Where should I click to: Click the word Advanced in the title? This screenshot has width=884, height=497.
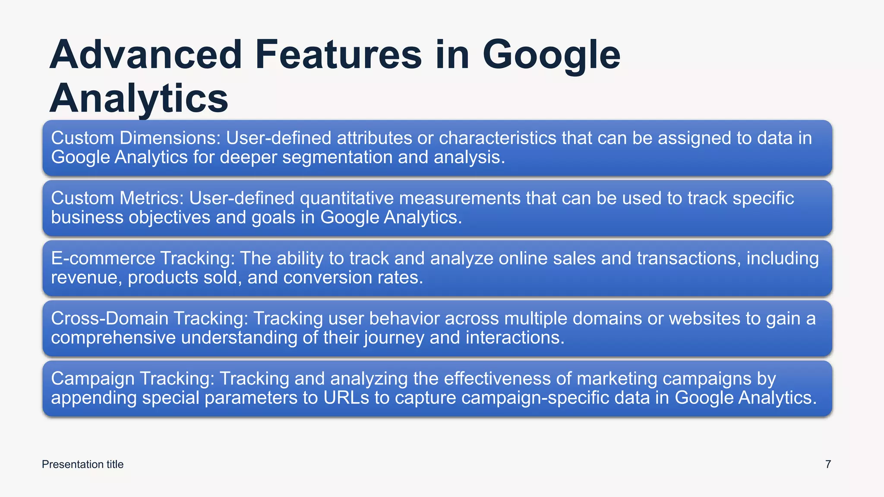tap(145, 55)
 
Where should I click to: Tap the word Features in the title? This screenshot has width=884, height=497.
tap(338, 55)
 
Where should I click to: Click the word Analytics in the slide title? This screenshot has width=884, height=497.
tap(139, 98)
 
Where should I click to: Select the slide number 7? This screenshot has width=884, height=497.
tap(828, 464)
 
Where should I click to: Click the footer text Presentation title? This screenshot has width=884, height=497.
tap(82, 464)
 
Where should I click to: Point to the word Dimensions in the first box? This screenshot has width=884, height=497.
tap(170, 138)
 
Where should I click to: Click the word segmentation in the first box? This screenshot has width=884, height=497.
tap(338, 157)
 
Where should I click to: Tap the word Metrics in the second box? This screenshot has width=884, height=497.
tap(152, 198)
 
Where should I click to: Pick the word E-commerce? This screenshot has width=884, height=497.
tap(103, 258)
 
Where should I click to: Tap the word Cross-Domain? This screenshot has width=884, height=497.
tap(110, 318)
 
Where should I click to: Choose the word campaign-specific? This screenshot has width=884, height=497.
tap(535, 397)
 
